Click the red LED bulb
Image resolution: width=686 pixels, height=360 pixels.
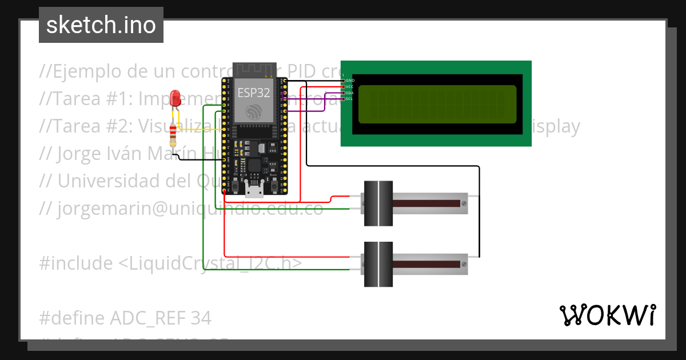[176, 97]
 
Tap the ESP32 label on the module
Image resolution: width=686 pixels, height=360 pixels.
[253, 92]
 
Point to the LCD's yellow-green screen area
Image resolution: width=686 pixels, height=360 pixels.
[437, 104]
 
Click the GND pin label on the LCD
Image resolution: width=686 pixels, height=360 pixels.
[350, 81]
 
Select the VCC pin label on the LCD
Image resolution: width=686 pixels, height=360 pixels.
[350, 87]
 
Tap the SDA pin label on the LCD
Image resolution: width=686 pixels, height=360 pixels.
[350, 93]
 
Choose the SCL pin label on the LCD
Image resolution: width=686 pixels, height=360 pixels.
[350, 98]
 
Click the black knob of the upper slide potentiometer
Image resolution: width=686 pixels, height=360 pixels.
[378, 203]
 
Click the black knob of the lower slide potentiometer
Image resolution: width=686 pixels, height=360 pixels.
[378, 264]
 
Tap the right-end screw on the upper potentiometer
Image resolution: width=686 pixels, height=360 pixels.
[464, 203]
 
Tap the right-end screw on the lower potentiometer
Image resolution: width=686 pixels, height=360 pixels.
[464, 264]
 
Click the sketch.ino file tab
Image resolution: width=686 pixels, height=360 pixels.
[101, 25]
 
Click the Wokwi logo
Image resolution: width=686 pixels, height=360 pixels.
[607, 315]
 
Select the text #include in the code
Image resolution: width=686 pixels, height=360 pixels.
[76, 263]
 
